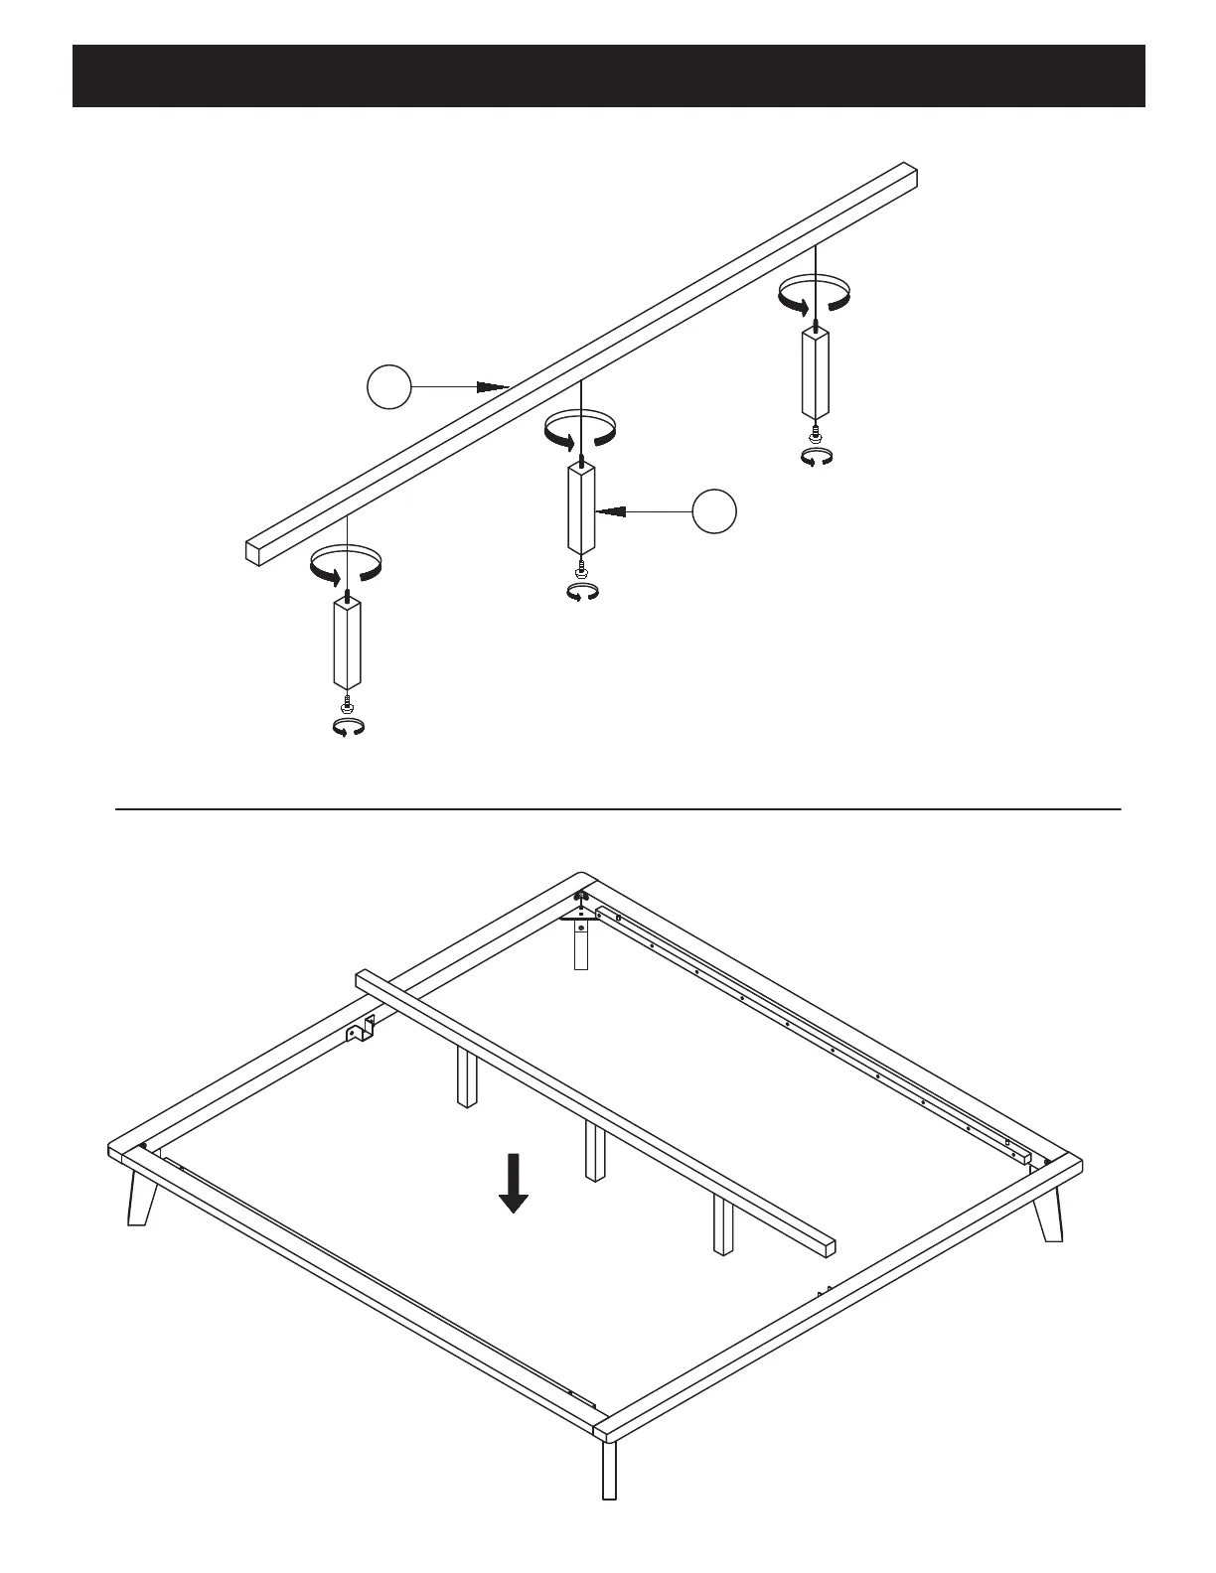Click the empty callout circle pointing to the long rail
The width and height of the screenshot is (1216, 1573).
(x=388, y=386)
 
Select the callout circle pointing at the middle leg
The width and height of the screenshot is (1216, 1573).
(x=715, y=510)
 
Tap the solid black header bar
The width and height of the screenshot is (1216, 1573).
(x=608, y=75)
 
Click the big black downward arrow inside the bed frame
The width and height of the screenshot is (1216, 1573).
(x=513, y=1183)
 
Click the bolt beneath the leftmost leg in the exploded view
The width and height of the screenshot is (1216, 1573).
(x=347, y=703)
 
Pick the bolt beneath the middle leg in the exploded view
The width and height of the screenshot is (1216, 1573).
(x=581, y=569)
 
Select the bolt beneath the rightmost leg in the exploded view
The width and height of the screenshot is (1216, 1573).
(x=816, y=432)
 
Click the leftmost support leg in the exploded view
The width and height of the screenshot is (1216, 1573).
(x=347, y=644)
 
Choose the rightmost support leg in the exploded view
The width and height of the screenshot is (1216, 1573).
(x=815, y=373)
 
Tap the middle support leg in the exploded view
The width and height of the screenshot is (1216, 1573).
(x=581, y=507)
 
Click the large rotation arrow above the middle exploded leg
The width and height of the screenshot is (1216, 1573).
(x=581, y=428)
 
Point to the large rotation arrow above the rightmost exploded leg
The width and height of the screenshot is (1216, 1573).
(x=815, y=294)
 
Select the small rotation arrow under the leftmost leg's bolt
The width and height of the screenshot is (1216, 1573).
(x=348, y=728)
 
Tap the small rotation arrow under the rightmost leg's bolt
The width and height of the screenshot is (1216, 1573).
(x=817, y=457)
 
